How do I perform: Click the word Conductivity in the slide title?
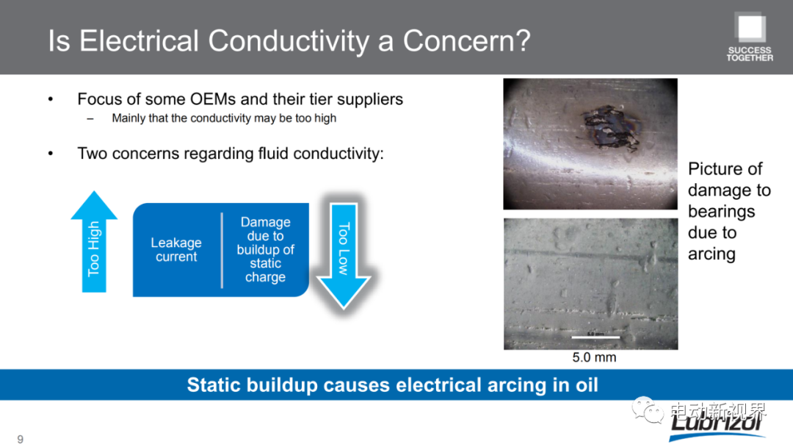pos(289,41)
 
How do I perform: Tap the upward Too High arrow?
pos(94,241)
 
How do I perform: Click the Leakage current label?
pos(176,249)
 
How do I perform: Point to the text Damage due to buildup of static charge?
pos(265,249)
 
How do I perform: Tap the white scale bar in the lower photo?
pos(595,337)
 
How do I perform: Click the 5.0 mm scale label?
pos(594,357)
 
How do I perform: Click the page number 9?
pos(21,439)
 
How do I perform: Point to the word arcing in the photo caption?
pos(711,254)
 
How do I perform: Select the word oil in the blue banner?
pos(587,385)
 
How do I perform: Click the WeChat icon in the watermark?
pos(648,410)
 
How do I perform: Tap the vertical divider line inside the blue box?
pos(222,250)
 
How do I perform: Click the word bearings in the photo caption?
pos(721,212)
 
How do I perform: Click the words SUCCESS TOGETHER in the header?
pos(750,54)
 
